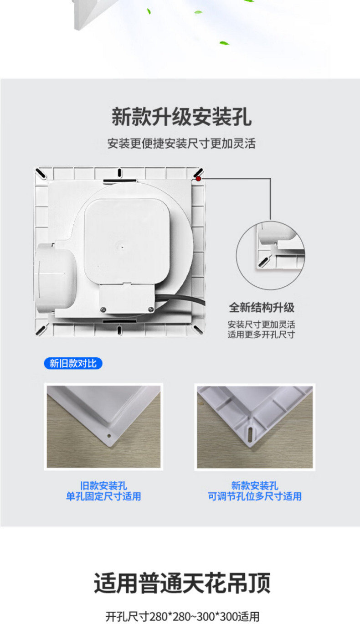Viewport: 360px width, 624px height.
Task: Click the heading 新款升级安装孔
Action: pyautogui.click(x=181, y=117)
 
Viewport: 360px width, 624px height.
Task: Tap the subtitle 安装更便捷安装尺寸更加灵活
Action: pyautogui.click(x=181, y=144)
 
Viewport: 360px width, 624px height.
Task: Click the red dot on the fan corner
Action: pyautogui.click(x=198, y=179)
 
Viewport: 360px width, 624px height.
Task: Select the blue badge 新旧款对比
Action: pyautogui.click(x=73, y=364)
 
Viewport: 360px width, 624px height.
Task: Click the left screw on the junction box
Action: pyautogui.click(x=103, y=309)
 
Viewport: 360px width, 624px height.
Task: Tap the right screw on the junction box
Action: pyautogui.click(x=151, y=309)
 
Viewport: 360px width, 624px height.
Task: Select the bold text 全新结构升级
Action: pyautogui.click(x=262, y=308)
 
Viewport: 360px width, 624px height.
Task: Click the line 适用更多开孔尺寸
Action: pyautogui.click(x=261, y=334)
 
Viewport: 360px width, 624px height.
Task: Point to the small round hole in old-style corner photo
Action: pyautogui.click(x=109, y=436)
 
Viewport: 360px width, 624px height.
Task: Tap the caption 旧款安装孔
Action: pyautogui.click(x=103, y=486)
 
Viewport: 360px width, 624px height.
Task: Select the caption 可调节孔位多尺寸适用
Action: pyautogui.click(x=255, y=496)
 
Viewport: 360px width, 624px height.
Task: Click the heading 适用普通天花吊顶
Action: pyautogui.click(x=182, y=583)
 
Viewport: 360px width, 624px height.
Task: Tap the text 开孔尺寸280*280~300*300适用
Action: pyautogui.click(x=182, y=616)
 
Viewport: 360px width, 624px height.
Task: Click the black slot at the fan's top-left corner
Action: pyautogui.click(x=41, y=173)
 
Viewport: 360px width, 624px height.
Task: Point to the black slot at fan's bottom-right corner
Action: pyautogui.click(x=197, y=329)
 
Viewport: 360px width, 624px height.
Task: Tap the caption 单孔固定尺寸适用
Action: pyautogui.click(x=103, y=496)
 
